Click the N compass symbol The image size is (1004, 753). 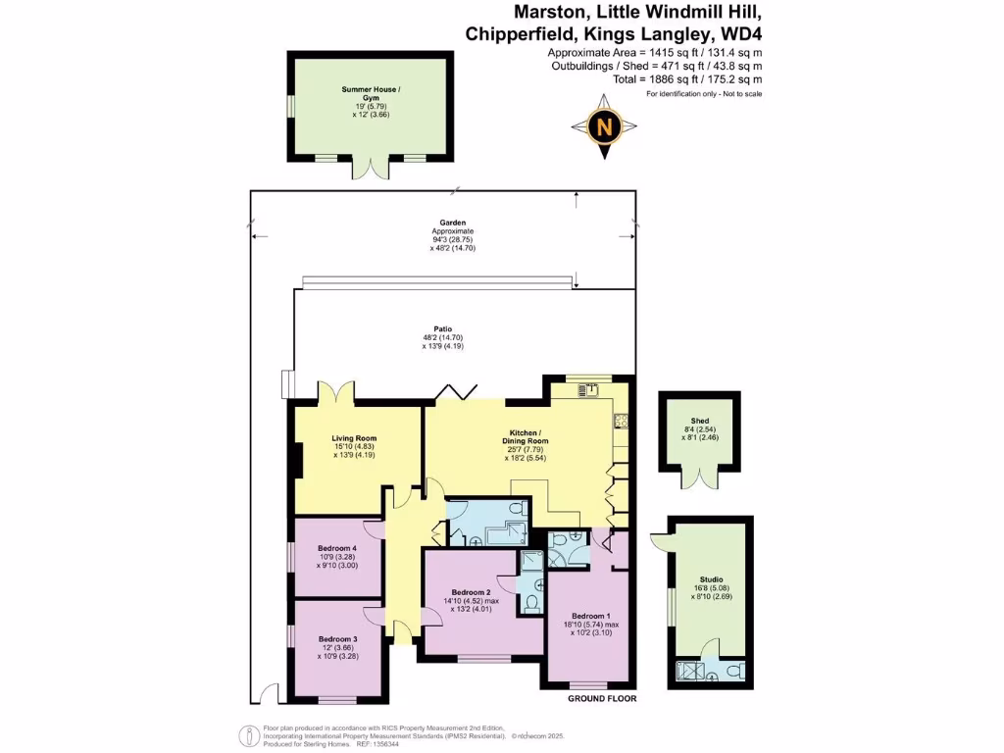(606, 125)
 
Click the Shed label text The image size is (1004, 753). (699, 421)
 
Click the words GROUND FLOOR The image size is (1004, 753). (602, 699)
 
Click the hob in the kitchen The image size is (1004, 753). (620, 422)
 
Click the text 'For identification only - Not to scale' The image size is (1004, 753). (704, 93)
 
